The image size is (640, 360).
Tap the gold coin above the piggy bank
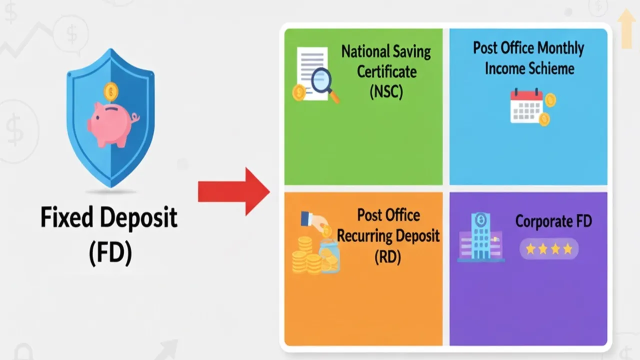pos(111,91)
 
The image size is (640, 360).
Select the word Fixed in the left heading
pos(66,218)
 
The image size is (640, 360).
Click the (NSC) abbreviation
pos(386,92)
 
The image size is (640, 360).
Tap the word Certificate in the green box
pos(386,72)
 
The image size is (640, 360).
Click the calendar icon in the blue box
pos(526,106)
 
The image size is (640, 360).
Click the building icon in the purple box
pos(480,237)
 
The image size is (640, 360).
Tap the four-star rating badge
pos(549,248)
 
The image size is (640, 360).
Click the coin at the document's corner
pos(299,92)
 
